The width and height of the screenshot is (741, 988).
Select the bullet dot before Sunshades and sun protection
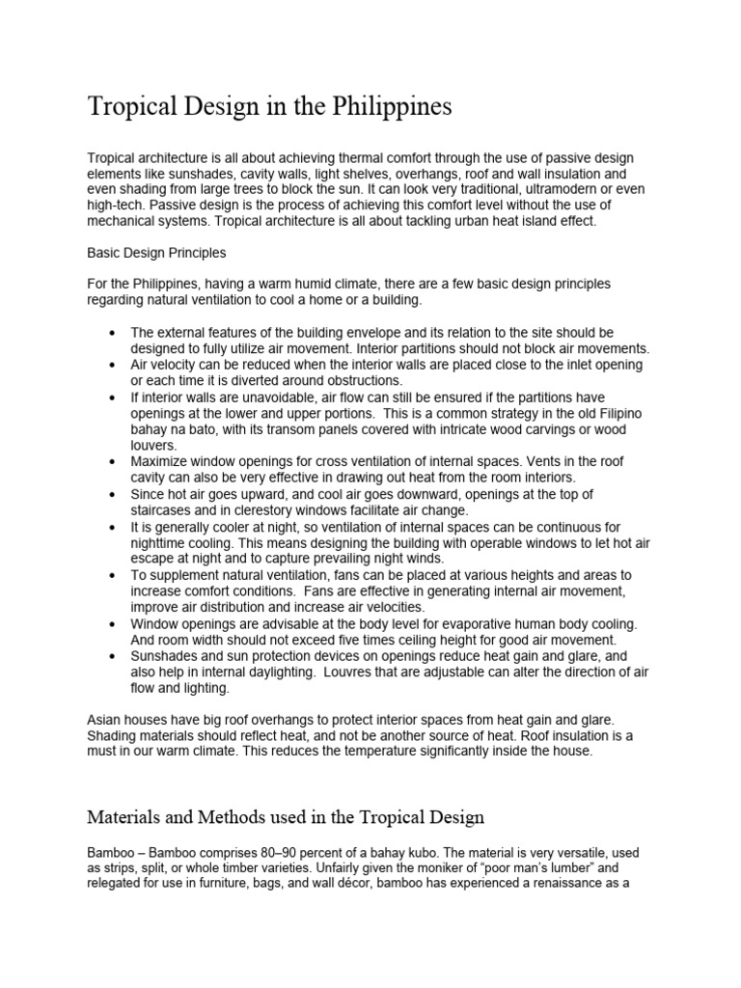click(114, 657)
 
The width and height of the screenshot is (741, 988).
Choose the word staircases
click(164, 511)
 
